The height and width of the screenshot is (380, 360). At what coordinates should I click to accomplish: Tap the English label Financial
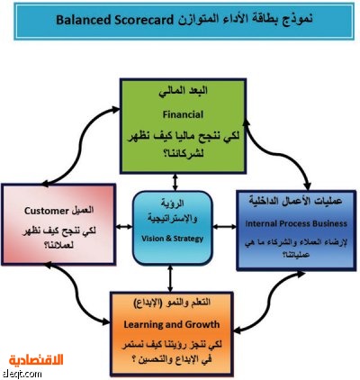pos(183,114)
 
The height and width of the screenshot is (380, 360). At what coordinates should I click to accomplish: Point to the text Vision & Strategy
pos(173,239)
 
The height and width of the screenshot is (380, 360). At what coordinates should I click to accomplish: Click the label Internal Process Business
pos(296,223)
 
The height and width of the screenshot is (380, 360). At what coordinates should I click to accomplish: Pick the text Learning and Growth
pos(172,324)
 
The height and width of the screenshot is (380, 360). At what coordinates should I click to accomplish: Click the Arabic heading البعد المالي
pos(183,91)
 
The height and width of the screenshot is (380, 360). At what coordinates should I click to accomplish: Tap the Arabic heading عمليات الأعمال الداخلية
pos(295,201)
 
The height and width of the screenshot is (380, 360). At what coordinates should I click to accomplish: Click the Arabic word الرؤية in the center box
pos(173,204)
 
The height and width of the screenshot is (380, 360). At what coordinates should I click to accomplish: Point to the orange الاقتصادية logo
pos(36,360)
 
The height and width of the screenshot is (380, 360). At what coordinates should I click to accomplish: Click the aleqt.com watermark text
pos(22,375)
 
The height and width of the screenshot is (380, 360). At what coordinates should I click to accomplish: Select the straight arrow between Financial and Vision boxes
pos(175,182)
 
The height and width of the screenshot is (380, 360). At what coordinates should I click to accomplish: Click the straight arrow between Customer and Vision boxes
pos(124,227)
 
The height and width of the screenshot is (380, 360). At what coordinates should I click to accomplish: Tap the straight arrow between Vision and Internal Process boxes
pos(224,227)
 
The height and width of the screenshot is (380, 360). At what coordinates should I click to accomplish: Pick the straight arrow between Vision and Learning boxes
pos(170,278)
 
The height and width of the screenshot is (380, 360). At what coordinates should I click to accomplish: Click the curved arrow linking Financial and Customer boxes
pos(81,144)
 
